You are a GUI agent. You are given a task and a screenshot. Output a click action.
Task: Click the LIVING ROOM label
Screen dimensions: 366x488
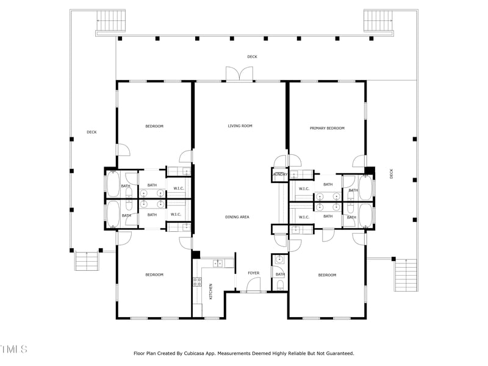240,126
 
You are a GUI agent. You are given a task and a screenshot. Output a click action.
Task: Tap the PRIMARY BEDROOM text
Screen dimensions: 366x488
327,128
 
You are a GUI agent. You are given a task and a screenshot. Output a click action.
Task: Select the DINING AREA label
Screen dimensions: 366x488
237,217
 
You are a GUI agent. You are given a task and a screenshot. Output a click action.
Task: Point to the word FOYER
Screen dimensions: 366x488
253,273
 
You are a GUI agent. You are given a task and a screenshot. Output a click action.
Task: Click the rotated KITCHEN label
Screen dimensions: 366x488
211,290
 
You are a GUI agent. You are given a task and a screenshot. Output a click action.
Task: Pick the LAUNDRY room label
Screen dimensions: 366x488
280,174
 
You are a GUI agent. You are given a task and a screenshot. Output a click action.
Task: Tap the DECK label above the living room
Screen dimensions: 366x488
252,57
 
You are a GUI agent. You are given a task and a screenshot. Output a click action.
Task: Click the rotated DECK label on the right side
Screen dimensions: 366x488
392,173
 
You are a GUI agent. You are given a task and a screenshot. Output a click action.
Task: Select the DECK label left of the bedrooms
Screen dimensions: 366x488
91,132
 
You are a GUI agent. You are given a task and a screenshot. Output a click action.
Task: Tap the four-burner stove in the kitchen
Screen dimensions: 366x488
198,282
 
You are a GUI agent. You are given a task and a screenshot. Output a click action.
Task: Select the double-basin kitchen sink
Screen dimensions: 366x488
217,264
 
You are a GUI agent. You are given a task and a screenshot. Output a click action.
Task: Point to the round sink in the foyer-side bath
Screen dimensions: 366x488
279,259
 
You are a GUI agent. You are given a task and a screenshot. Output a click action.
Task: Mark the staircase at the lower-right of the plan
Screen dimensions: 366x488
406,275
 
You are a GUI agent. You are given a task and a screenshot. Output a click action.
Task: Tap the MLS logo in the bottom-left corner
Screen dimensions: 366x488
14,350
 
